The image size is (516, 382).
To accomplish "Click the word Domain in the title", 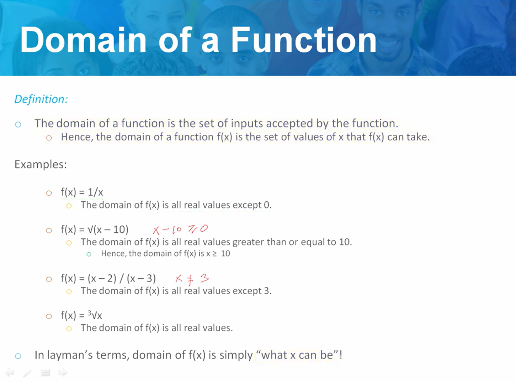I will (83, 40).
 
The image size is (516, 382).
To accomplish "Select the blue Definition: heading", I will (41, 99).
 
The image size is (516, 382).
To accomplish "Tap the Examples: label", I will (41, 164).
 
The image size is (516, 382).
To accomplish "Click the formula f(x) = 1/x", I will (82, 192).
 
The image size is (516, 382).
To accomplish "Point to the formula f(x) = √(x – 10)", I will (95, 229).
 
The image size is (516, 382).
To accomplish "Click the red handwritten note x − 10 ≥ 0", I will (180, 229).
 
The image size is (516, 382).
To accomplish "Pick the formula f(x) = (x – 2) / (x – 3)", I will (108, 278).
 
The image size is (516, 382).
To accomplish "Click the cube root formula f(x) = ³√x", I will (81, 315).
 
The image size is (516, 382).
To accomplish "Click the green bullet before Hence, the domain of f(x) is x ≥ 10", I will (89, 254).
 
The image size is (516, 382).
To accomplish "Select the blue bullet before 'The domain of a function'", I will (18, 124).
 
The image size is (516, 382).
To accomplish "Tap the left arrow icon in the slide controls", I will (10, 373).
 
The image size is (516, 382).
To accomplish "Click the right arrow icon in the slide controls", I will (63, 373).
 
